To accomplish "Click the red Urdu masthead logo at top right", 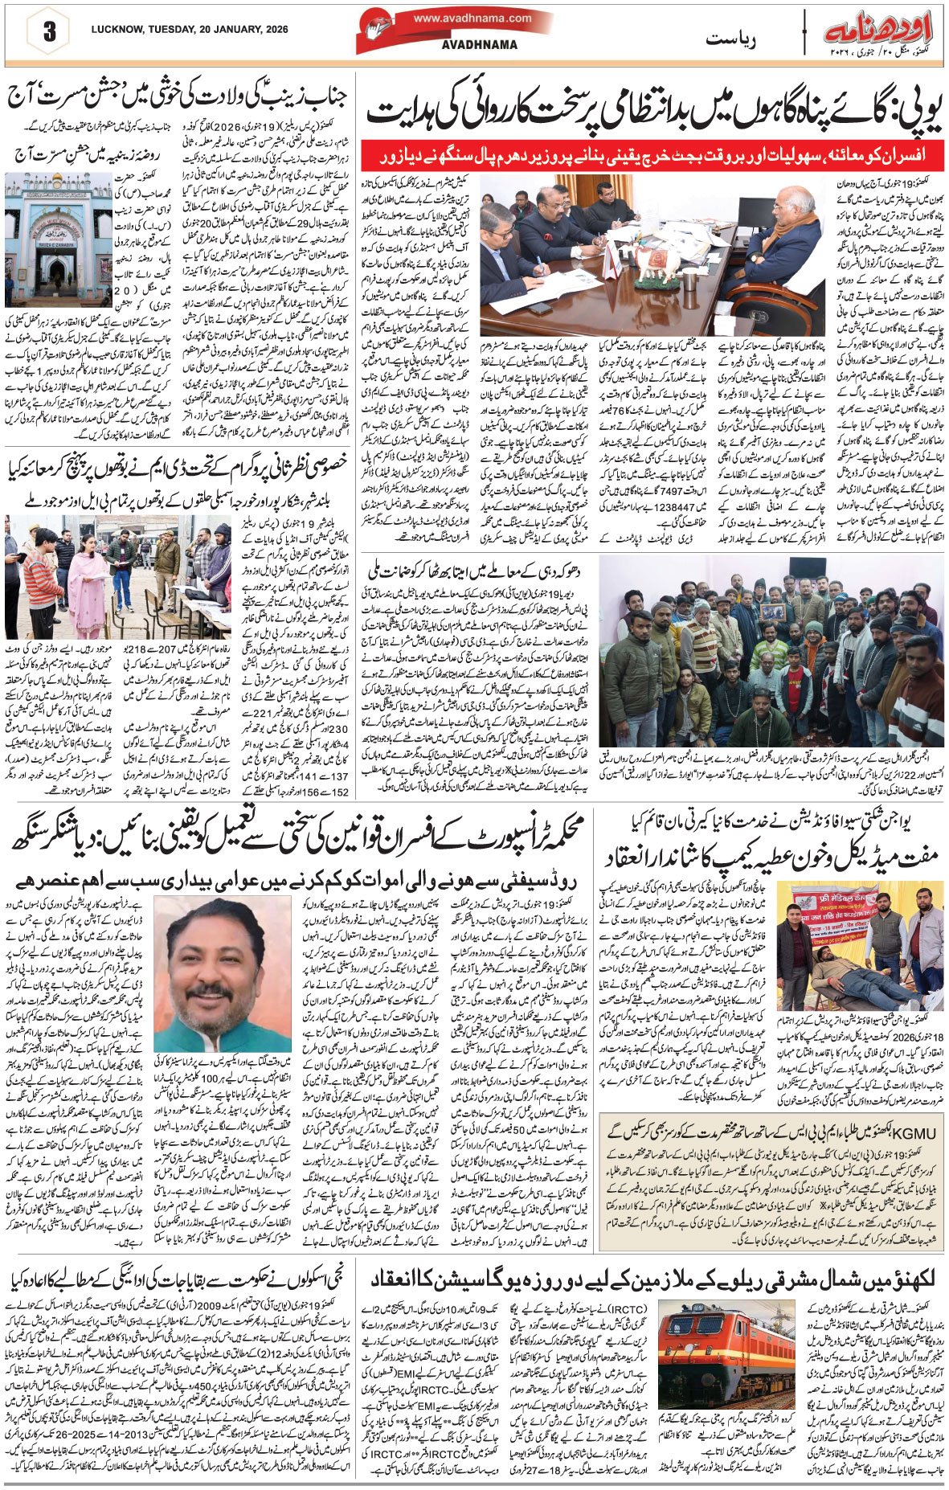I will click(x=877, y=34).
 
